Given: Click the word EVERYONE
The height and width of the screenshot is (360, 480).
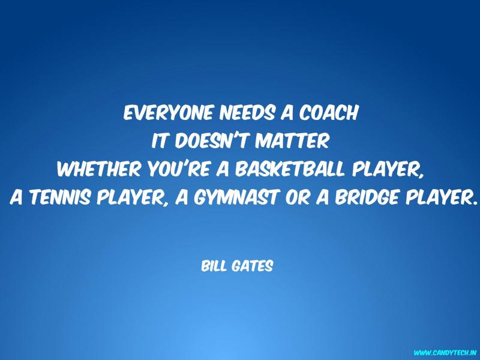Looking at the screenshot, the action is tap(168, 113).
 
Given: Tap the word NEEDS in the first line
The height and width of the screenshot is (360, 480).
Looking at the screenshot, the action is tap(247, 113).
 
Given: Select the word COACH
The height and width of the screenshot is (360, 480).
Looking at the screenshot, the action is tap(328, 113).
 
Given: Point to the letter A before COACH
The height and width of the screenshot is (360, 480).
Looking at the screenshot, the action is tap(287, 113).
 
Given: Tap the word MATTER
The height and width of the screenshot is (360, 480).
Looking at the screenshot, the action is tap(292, 141).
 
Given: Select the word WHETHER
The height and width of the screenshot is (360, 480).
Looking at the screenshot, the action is tap(99, 169).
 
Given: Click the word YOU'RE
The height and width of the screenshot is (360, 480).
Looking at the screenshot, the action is tap(178, 169).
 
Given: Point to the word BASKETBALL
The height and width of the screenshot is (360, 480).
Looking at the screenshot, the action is tap(290, 169).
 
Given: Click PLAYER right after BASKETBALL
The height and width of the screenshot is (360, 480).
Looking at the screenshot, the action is tap(388, 169).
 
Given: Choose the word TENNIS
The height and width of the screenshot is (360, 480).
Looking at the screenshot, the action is tap(61, 197).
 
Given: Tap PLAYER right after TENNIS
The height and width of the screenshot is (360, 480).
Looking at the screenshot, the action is tap(133, 198).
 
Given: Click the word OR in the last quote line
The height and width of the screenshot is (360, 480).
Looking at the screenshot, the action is tap(297, 197).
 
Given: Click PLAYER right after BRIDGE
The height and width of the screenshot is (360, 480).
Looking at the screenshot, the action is tap(442, 197).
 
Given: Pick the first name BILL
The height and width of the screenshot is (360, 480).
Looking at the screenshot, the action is tap(214, 266).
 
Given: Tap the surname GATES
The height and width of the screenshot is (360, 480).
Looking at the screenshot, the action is tap(252, 266).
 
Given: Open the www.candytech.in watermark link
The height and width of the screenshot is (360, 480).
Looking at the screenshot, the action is tap(445, 353).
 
